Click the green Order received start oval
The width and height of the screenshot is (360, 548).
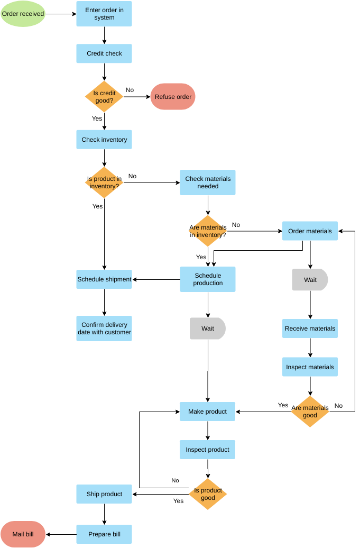point(23,14)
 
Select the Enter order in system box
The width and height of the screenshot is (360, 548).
point(104,14)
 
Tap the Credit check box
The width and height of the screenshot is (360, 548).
point(104,53)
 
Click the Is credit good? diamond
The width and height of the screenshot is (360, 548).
point(104,97)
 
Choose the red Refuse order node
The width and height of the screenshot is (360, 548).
point(173,97)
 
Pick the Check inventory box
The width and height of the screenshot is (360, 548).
point(104,140)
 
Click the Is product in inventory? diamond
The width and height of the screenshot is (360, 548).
point(104,182)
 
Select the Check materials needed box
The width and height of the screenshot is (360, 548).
point(208,182)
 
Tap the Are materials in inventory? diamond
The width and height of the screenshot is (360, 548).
point(208,231)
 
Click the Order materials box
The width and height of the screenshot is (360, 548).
point(310,231)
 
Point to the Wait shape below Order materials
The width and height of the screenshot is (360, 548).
point(310,280)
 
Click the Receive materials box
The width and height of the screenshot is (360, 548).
point(310,328)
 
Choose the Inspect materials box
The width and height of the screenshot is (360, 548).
point(310,367)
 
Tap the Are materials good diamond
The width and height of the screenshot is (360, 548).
point(310,412)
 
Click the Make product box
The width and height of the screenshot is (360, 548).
point(208,412)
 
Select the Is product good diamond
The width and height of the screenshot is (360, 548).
point(208,494)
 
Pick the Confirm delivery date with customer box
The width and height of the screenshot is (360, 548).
point(104,328)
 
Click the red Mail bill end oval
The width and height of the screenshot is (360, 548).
point(23,534)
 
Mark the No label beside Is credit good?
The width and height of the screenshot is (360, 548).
point(130,90)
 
